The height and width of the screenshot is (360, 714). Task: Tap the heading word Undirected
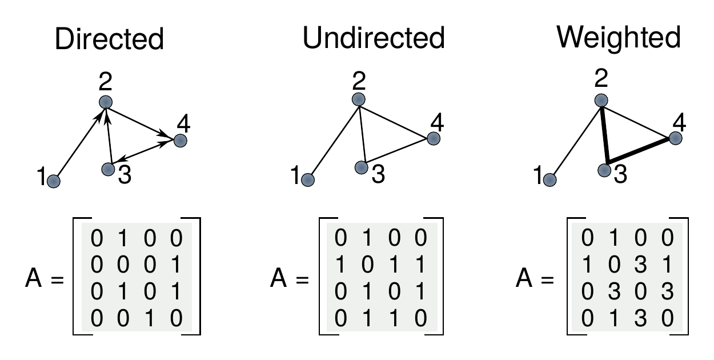374,39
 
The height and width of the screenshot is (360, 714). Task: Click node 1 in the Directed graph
54,182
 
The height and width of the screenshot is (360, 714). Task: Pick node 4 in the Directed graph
180,141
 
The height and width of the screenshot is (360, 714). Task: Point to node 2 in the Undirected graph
358,99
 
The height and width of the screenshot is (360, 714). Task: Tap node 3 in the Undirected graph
360,167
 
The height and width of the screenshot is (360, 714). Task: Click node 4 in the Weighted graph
675,138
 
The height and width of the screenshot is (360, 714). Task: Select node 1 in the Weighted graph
550,180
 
